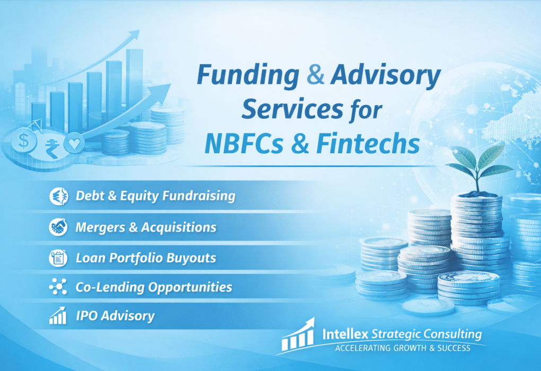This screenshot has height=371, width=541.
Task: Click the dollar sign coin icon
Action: tap(24, 141)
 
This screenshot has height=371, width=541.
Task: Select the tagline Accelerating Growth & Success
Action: tap(402, 348)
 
